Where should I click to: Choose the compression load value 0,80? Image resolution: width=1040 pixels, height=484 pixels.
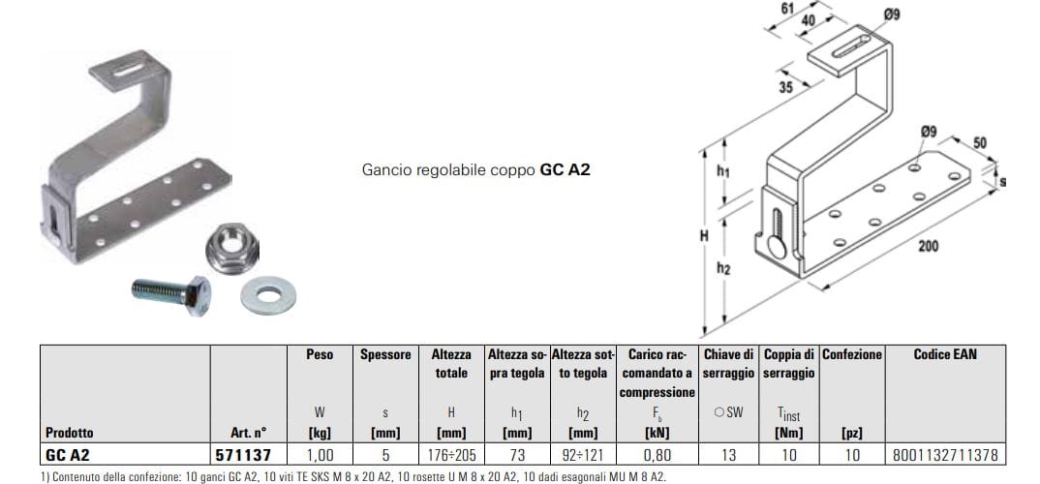click(658, 453)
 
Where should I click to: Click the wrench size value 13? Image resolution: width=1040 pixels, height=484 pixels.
click(728, 453)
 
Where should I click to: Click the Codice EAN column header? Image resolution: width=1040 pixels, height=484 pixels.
click(945, 355)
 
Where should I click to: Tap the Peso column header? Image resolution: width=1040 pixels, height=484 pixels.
click(320, 355)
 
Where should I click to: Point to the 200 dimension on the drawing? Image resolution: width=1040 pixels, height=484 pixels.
click(928, 247)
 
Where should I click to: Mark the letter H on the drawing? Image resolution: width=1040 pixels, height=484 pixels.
click(703, 235)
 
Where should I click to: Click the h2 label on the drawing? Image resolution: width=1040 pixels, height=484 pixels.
click(723, 269)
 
